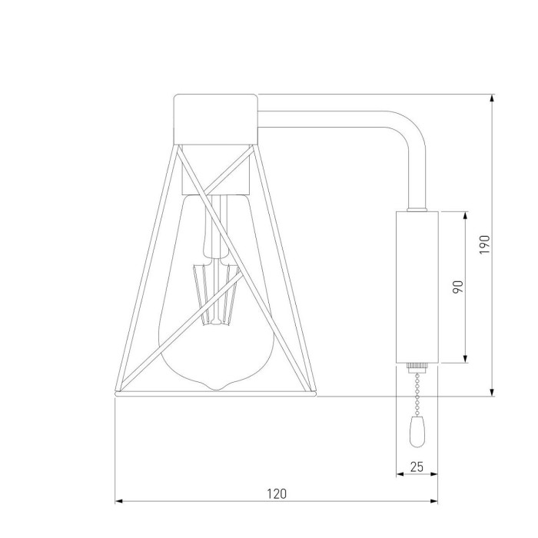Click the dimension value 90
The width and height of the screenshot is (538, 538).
click(x=457, y=287)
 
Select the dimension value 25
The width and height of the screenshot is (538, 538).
click(x=416, y=467)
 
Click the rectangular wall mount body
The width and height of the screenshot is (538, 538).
click(x=416, y=287)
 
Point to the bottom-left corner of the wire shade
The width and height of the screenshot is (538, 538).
click(x=116, y=393)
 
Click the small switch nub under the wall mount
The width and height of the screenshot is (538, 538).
click(x=416, y=367)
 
